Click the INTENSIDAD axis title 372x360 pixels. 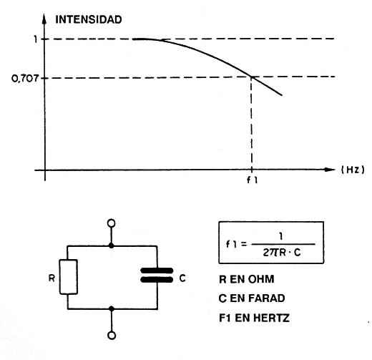point(89,19)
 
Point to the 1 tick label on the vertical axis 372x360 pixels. point(36,39)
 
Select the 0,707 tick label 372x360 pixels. point(25,79)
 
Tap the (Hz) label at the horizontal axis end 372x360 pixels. point(353,170)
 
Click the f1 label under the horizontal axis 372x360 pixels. point(252,180)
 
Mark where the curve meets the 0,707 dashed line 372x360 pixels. point(252,77)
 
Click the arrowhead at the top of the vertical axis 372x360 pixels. point(44,19)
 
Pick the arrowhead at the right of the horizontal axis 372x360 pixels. point(330,170)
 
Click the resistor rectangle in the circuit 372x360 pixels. point(68,277)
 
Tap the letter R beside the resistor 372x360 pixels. point(52,278)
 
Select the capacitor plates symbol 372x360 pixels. point(157,275)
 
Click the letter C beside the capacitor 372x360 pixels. point(182,278)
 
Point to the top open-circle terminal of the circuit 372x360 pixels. point(112,223)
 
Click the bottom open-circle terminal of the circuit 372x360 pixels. point(112,336)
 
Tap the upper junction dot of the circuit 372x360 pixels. point(112,245)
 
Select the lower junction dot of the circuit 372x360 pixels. point(112,308)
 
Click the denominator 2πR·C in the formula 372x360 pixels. point(282,253)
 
